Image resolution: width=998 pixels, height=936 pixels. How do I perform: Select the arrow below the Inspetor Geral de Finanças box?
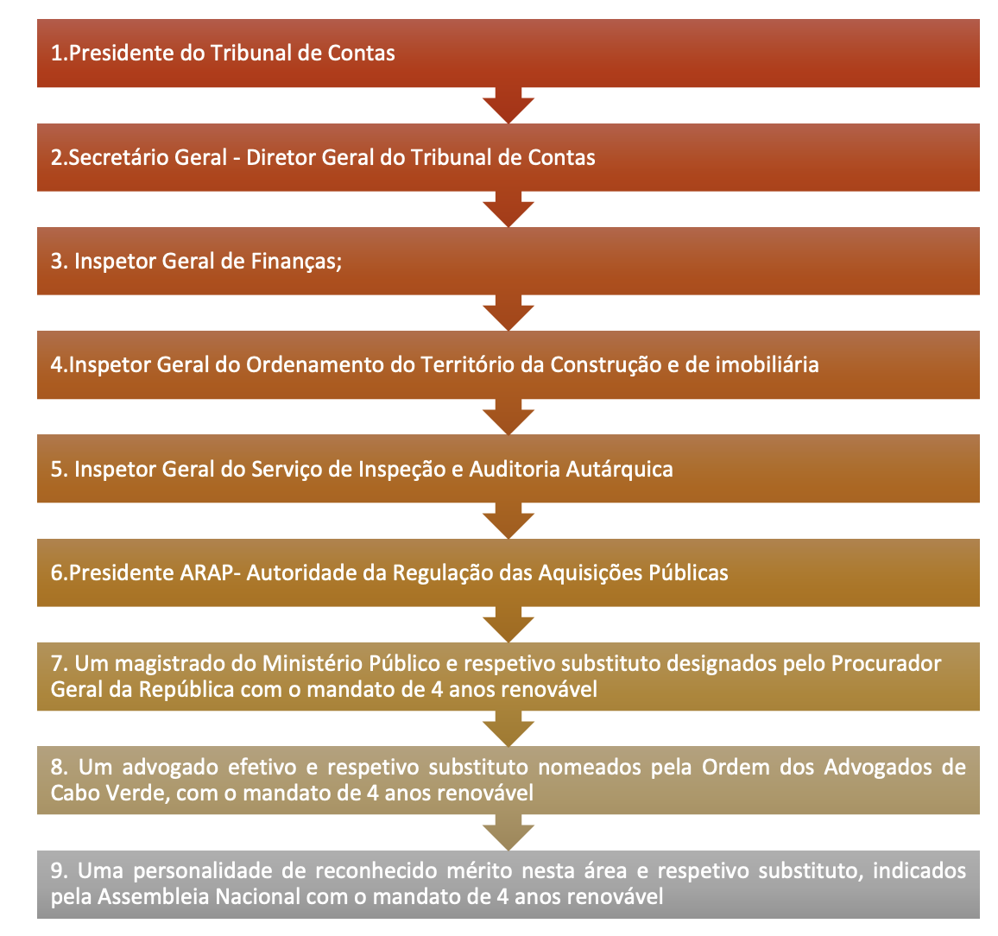tap(508, 313)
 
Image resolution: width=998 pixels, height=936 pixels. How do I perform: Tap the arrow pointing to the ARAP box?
tap(508, 521)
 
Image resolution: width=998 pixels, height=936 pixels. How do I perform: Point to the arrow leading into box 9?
tap(508, 832)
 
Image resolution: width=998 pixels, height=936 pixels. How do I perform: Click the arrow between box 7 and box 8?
tap(508, 729)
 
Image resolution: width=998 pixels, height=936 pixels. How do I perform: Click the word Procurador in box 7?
tap(886, 663)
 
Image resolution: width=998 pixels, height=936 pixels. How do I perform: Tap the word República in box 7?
tap(186, 690)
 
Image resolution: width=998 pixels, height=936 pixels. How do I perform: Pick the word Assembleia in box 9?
tap(154, 897)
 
